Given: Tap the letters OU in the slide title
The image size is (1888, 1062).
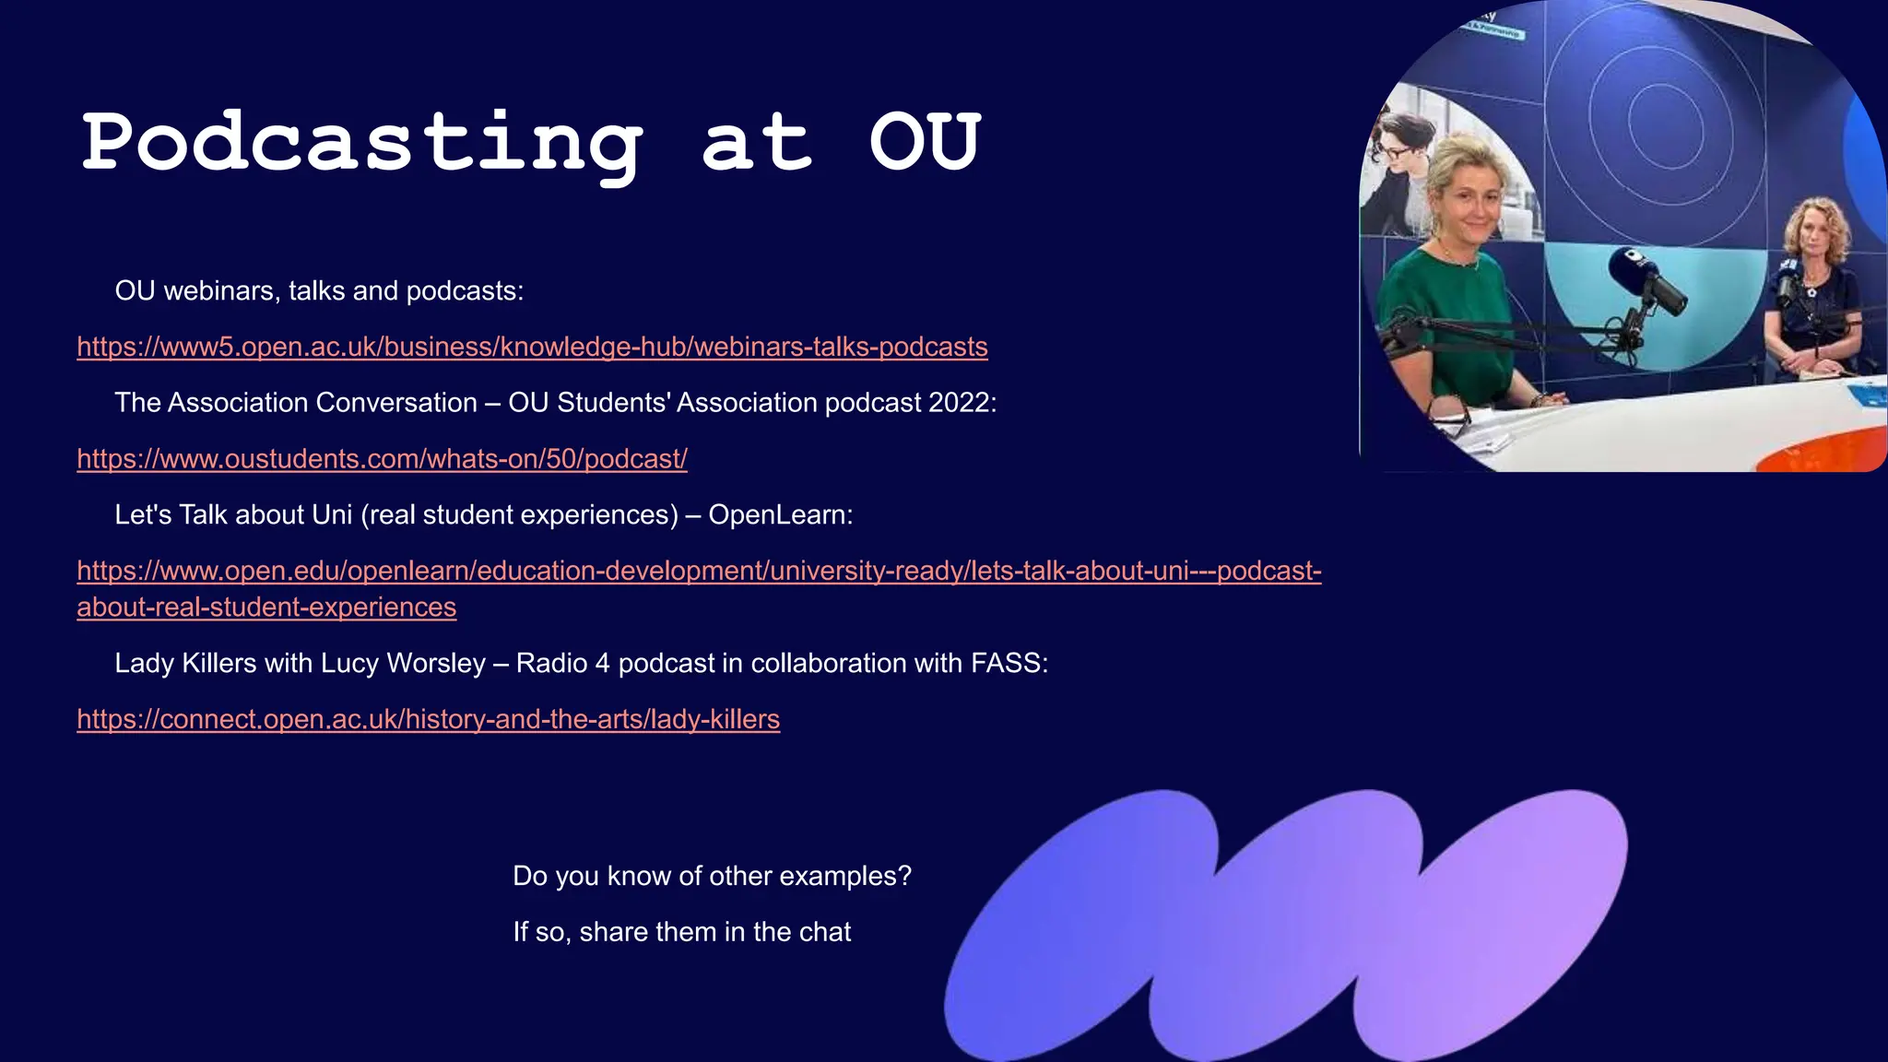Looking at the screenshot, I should coord(925,143).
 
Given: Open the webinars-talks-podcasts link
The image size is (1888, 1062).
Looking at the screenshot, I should coord(532,347).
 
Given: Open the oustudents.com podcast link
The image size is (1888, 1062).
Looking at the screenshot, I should coord(382,458).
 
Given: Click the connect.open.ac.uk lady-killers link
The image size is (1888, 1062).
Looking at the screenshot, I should coord(428,719).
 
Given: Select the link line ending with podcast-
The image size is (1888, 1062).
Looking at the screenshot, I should coord(699,571).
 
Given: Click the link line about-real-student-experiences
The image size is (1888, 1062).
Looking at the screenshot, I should coord(266,608).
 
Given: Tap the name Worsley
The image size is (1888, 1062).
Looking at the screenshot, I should coord(435,663).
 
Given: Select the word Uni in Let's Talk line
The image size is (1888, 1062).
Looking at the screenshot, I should coord(332,514).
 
